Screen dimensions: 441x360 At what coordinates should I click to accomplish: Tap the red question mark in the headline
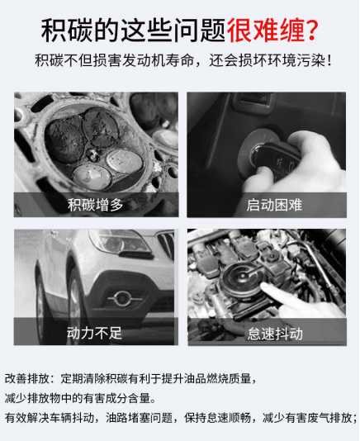(311, 30)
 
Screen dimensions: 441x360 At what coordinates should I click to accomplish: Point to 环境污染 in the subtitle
(299, 61)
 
